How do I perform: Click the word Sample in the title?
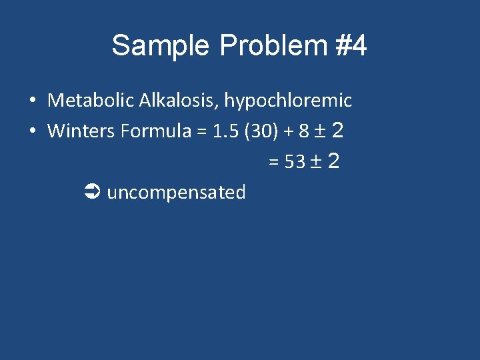(x=160, y=47)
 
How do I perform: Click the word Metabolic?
(x=91, y=101)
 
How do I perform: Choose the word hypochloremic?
(x=287, y=101)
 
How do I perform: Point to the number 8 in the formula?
(x=303, y=131)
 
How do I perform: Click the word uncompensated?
(x=176, y=193)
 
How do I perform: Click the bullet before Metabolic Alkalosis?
(x=32, y=101)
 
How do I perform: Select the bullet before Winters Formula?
(x=32, y=132)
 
